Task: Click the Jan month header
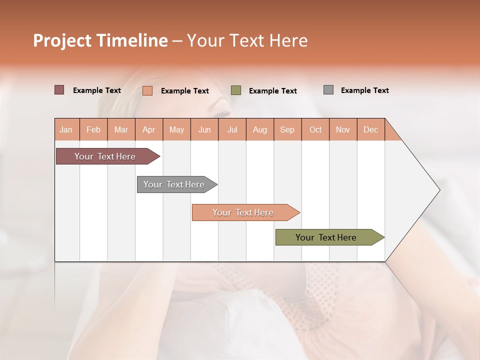click(66, 129)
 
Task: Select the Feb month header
click(93, 129)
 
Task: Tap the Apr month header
click(149, 129)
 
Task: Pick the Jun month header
click(204, 129)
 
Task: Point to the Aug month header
click(260, 129)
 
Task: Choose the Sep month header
click(287, 129)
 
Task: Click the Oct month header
click(315, 129)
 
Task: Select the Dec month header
click(371, 129)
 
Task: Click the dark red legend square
click(59, 90)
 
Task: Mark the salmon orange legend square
click(147, 90)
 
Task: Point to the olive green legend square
click(236, 90)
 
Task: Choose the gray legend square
click(328, 90)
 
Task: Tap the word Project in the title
click(62, 40)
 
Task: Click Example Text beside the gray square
click(365, 90)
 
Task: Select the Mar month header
click(121, 129)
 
